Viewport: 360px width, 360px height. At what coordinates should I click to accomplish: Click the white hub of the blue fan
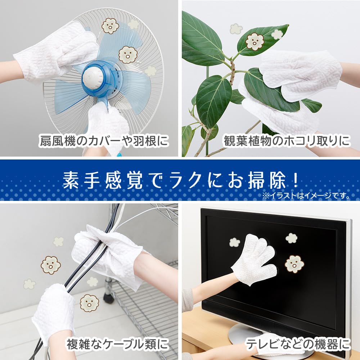pyautogui.click(x=96, y=76)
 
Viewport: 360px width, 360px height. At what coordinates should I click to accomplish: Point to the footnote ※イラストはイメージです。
pyautogui.click(x=306, y=196)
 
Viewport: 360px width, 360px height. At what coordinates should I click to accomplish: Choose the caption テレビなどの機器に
pyautogui.click(x=298, y=345)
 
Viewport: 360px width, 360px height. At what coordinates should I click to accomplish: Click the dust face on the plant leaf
pyautogui.click(x=255, y=41)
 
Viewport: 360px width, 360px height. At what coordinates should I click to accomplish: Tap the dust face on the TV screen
pyautogui.click(x=294, y=264)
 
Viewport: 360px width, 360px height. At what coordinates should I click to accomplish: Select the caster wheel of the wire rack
pyautogui.click(x=108, y=297)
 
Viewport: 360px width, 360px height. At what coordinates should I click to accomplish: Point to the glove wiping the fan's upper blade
pyautogui.click(x=54, y=50)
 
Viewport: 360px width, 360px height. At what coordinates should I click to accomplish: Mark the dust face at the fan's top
pyautogui.click(x=110, y=26)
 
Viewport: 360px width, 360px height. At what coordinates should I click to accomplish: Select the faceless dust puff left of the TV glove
pyautogui.click(x=235, y=242)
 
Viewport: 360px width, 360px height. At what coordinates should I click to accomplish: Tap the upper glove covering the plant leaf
pyautogui.click(x=301, y=74)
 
